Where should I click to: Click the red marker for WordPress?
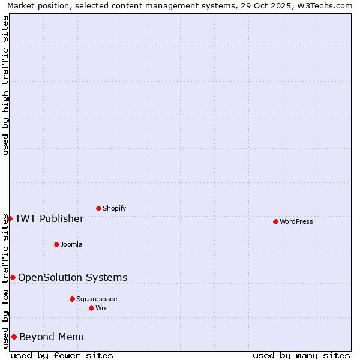pyautogui.click(x=275, y=221)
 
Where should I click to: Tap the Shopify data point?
pyautogui.click(x=98, y=208)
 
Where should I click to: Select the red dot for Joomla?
pyautogui.click(x=56, y=244)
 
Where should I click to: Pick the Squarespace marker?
pyautogui.click(x=72, y=299)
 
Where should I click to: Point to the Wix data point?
pyautogui.click(x=91, y=308)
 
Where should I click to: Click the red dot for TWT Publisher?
pyautogui.click(x=10, y=218)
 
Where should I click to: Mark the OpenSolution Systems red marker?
pyautogui.click(x=13, y=277)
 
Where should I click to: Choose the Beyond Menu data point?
pyautogui.click(x=14, y=337)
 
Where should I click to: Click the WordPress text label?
pyautogui.click(x=296, y=221)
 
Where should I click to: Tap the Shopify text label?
pyautogui.click(x=115, y=208)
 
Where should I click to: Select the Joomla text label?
pyautogui.click(x=71, y=244)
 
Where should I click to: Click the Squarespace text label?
pyautogui.click(x=97, y=299)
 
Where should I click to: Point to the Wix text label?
pyautogui.click(x=101, y=308)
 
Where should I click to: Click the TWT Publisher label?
pyautogui.click(x=49, y=218)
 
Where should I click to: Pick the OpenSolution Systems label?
pyautogui.click(x=73, y=277)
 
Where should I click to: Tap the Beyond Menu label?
pyautogui.click(x=52, y=337)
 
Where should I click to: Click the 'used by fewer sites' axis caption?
pyautogui.click(x=62, y=355)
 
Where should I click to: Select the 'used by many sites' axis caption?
pyautogui.click(x=301, y=355)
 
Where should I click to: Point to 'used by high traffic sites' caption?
pyautogui.click(x=5, y=85)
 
